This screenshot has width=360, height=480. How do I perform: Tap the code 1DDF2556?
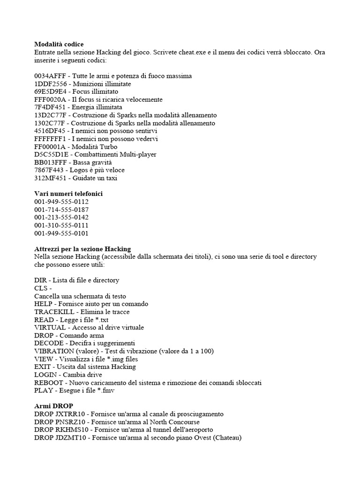coord(49,84)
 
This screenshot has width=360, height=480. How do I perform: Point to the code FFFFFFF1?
coord(50,139)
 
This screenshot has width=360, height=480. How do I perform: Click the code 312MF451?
coord(50,178)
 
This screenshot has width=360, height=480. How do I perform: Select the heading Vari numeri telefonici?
coord(68,194)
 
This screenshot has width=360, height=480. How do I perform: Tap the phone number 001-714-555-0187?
coord(61,210)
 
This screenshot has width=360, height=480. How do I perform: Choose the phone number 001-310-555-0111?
coord(61,225)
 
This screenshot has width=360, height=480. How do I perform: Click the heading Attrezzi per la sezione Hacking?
coord(82,248)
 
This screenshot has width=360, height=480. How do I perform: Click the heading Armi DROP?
coord(53,406)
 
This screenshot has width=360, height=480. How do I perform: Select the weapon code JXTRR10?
coord(73,414)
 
